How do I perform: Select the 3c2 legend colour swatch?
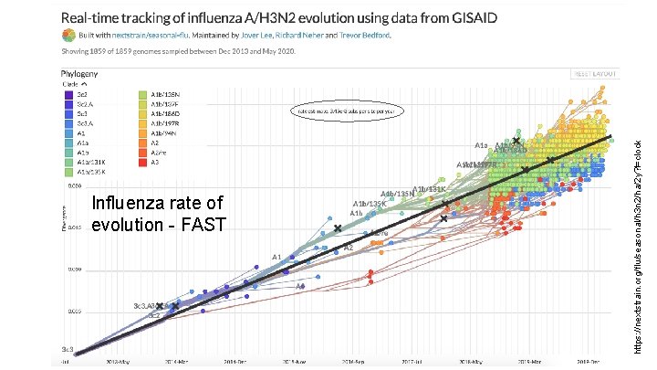coord(68,94)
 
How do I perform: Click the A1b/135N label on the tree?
coord(397,194)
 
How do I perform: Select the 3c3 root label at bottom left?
coord(67,350)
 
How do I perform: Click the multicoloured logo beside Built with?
coord(68,36)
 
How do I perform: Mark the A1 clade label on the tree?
coord(276,257)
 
